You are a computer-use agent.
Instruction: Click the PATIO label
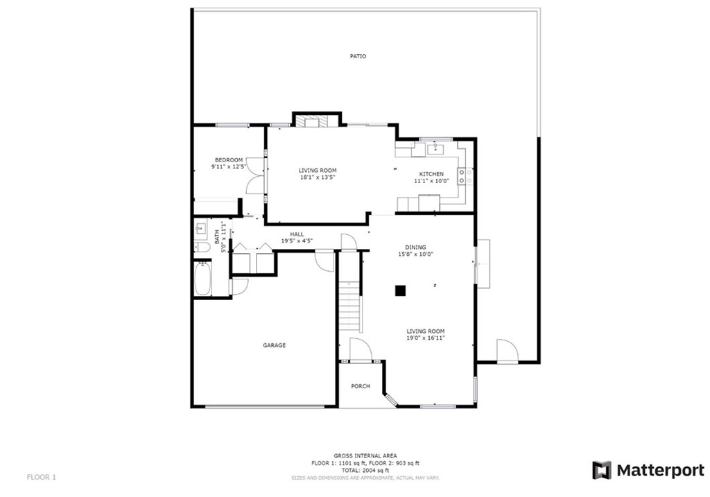point(358,56)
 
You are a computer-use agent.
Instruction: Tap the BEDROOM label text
point(228,160)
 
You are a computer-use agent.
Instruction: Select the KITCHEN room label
point(431,174)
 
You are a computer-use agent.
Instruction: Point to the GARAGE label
point(274,345)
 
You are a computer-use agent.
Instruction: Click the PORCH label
point(361,386)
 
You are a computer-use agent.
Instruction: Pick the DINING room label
point(416,247)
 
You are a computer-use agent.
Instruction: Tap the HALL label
point(297,234)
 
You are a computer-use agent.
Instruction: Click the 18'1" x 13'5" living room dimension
point(318,177)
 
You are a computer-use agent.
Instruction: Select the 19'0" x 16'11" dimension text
point(426,338)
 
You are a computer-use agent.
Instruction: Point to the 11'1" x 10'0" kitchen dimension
point(431,181)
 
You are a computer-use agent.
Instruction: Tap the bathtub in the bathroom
point(202,279)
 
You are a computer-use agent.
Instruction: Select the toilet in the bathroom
point(202,247)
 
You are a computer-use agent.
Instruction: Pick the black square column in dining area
point(400,291)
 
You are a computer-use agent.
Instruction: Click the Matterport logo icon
point(601,470)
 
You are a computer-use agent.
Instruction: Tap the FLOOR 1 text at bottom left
point(41,477)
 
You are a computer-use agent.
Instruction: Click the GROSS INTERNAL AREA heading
point(365,455)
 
